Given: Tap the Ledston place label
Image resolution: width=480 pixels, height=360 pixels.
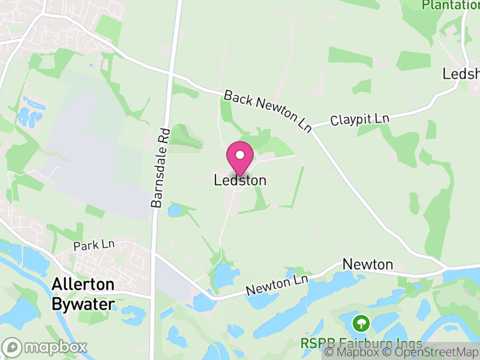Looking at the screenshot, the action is point(240,180).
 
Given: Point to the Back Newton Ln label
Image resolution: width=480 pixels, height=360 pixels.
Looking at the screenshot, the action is point(268,111).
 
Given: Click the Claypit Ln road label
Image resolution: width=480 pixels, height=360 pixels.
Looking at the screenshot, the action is point(359,120).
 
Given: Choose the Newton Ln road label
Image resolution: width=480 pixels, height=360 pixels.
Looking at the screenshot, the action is point(277,286).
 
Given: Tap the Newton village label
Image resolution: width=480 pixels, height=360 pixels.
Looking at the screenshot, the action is point(367,265).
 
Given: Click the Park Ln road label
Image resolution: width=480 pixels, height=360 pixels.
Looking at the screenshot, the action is point(94,246).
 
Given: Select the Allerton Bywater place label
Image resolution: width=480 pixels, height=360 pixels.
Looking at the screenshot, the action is point(83,294).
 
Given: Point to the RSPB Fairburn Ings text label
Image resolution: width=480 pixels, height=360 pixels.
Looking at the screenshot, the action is point(361,344).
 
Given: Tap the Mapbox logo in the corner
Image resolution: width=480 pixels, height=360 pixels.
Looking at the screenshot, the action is point(45,347).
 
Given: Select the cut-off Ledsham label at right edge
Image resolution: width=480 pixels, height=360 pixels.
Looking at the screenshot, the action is point(461,74).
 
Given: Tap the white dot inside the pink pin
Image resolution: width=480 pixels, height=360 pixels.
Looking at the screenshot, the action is point(240,155).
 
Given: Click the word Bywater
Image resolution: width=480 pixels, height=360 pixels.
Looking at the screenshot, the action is point(83,305).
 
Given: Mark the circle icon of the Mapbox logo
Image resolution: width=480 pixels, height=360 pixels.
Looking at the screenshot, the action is point(12,347).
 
